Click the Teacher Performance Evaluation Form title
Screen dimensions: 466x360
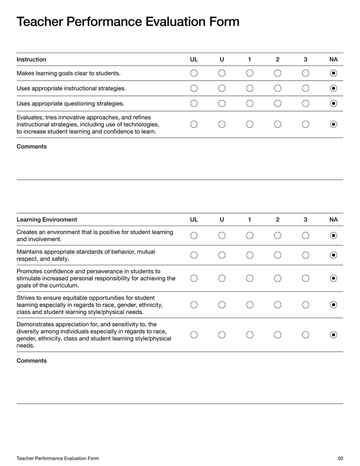tap(128, 22)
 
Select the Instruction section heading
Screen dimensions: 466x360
tap(31, 59)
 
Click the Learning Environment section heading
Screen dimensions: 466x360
tap(47, 220)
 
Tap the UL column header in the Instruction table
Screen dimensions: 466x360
tap(194, 59)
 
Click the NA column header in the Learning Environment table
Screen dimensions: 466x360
tap(333, 220)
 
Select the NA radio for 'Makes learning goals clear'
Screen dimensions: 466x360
tap(333, 73)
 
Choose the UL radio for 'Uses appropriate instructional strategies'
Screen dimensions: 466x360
tap(194, 88)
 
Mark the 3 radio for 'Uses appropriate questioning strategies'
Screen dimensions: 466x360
tap(306, 104)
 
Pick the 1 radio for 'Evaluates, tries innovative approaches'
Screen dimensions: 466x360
tap(250, 124)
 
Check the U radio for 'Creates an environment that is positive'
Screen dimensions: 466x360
tap(222, 235)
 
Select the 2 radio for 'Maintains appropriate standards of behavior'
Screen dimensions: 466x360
tap(278, 255)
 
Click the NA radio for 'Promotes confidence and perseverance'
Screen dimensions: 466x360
tap(333, 278)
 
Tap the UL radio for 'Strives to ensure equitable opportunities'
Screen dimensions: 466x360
tap(194, 305)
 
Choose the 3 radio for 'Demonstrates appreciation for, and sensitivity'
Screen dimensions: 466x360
tap(306, 335)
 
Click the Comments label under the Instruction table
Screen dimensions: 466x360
tap(31, 147)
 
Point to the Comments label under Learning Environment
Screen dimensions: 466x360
tap(31, 361)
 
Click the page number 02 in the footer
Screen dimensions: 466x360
tap(340, 458)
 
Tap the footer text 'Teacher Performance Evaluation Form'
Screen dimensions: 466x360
tap(58, 458)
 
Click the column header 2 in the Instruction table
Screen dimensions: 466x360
tap(278, 59)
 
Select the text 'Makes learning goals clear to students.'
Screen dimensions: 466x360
tap(68, 73)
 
